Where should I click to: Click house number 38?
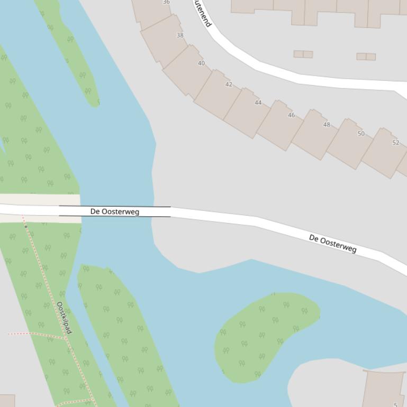(180, 35)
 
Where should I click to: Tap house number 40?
(201, 63)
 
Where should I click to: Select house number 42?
(229, 84)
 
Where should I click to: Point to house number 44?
(258, 103)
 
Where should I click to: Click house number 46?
(291, 115)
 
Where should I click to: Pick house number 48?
(327, 125)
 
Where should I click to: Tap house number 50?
(361, 133)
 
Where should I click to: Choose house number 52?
(396, 143)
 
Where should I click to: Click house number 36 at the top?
(166, 2)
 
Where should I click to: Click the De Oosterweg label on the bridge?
(115, 211)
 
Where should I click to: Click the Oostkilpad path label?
(64, 318)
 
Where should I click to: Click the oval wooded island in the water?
(265, 336)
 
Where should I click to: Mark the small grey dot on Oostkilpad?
(25, 226)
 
